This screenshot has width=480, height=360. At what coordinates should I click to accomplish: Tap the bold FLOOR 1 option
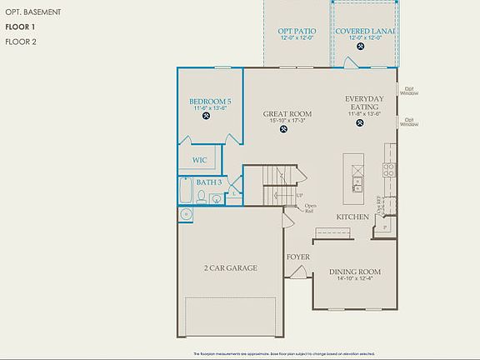(x=21, y=27)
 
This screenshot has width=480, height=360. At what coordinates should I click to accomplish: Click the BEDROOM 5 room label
(x=210, y=102)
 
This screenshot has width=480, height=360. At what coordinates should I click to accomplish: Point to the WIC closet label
(x=199, y=160)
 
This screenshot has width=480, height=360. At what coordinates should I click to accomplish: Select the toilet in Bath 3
(x=201, y=197)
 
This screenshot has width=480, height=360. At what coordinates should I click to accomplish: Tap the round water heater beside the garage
(x=185, y=214)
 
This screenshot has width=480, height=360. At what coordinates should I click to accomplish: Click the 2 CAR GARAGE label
(x=230, y=268)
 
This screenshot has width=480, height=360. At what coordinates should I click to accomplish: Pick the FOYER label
(x=298, y=257)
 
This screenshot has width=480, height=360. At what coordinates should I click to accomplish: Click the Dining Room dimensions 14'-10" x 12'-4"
(x=355, y=279)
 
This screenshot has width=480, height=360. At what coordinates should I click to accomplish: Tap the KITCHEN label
(x=352, y=217)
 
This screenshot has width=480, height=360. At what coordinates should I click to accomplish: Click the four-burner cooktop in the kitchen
(x=388, y=171)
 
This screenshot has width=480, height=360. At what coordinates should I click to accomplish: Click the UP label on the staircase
(x=299, y=196)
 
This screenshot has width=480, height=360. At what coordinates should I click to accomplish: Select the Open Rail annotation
(x=309, y=208)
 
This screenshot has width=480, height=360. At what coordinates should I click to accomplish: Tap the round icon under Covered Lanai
(x=360, y=47)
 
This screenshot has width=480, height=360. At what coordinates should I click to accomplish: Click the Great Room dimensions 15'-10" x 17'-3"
(x=287, y=121)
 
